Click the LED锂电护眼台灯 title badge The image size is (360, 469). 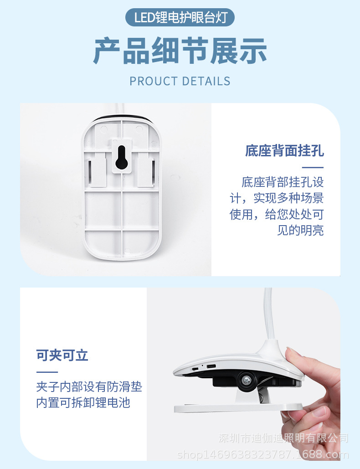(x=180, y=18)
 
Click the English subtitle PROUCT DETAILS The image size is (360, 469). (x=180, y=82)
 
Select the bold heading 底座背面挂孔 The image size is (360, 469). (x=284, y=151)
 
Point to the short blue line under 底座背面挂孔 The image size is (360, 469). (x=313, y=167)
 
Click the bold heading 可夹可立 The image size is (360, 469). (x=62, y=356)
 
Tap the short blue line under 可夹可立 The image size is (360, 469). (x=47, y=372)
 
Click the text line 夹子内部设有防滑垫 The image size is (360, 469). (x=89, y=387)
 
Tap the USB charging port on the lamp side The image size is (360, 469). (x=211, y=367)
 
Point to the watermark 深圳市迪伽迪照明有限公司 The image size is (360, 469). (x=283, y=438)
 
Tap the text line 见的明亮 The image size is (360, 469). (x=301, y=231)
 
